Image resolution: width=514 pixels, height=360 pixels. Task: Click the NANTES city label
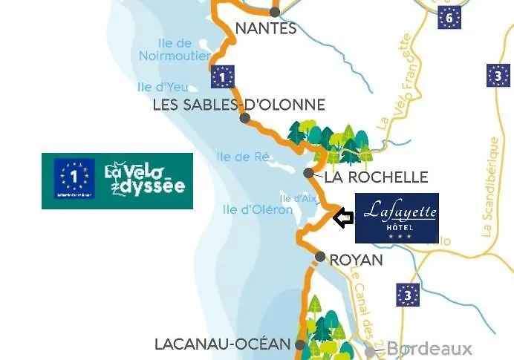pyautogui.click(x=265, y=29)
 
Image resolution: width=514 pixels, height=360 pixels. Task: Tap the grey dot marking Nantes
pyautogui.click(x=275, y=12)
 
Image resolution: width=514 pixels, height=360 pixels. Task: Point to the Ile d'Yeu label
pyautogui.click(x=155, y=87)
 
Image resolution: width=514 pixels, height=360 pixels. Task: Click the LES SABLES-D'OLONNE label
pyautogui.click(x=238, y=105)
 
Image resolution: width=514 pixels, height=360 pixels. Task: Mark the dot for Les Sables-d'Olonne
pyautogui.click(x=244, y=118)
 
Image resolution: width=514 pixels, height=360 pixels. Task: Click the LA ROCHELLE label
pyautogui.click(x=376, y=177)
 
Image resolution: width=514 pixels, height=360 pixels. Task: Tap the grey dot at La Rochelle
pyautogui.click(x=309, y=173)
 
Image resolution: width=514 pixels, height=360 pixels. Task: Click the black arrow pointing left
pyautogui.click(x=342, y=218)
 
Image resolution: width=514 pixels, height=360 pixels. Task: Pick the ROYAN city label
pyautogui.click(x=356, y=260)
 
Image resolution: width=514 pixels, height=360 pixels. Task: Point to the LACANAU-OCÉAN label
pyautogui.click(x=221, y=344)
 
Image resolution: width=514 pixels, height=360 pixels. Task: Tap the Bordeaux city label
pyautogui.click(x=429, y=349)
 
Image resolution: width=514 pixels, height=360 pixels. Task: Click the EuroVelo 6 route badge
pyautogui.click(x=449, y=16)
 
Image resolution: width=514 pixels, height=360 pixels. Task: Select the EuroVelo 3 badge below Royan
pyautogui.click(x=408, y=295)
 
